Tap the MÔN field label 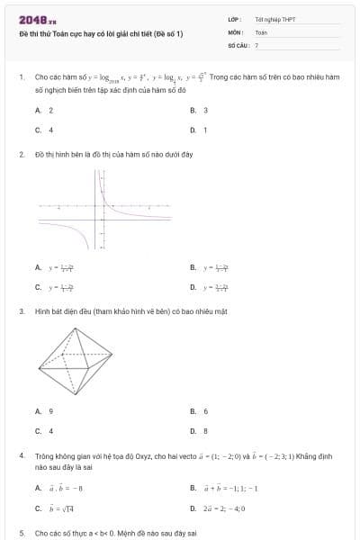coord(235,31)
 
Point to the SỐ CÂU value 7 coord(256,44)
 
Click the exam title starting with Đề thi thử coord(101,33)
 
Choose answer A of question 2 coord(54,267)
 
